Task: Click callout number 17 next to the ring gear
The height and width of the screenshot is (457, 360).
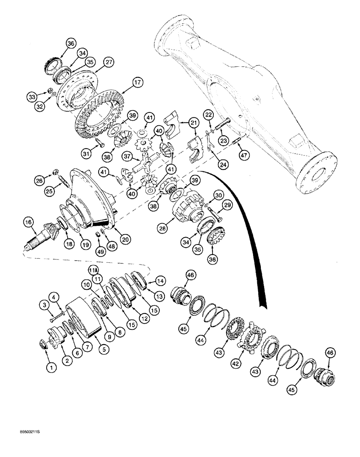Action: [x=136, y=83]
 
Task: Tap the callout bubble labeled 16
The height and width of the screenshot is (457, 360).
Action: [x=28, y=223]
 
